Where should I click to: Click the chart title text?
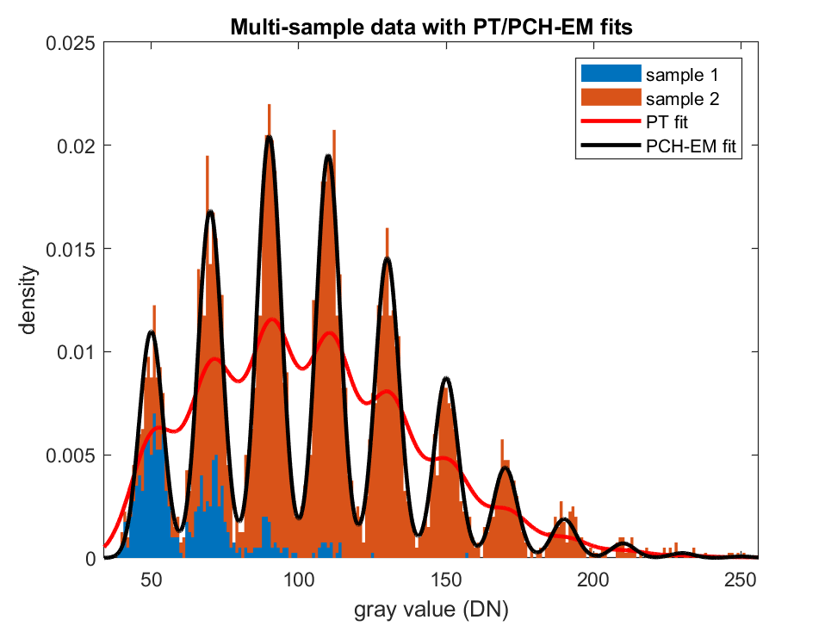[x=431, y=27]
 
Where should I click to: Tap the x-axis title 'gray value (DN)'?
[x=431, y=610]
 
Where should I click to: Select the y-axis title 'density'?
[x=28, y=301]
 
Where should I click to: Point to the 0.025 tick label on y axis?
[x=71, y=43]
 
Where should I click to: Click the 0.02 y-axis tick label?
[x=77, y=146]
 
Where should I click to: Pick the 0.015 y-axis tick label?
[x=71, y=249]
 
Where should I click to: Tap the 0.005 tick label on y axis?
[x=71, y=456]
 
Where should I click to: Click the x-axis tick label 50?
[x=152, y=580]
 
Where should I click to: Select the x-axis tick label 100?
[x=299, y=580]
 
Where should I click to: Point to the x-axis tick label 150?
[x=446, y=580]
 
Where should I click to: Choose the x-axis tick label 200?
[x=593, y=580]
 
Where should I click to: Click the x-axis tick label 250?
[x=741, y=580]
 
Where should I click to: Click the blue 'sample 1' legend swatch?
[x=611, y=74]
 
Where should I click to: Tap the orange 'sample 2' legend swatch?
[x=611, y=98]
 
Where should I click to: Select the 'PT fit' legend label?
[x=667, y=122]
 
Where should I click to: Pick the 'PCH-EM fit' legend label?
[x=691, y=146]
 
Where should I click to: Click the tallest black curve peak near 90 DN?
[x=269, y=136]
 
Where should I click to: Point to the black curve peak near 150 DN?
[x=446, y=378]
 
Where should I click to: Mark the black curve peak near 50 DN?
[x=152, y=332]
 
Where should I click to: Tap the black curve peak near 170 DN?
[x=506, y=468]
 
